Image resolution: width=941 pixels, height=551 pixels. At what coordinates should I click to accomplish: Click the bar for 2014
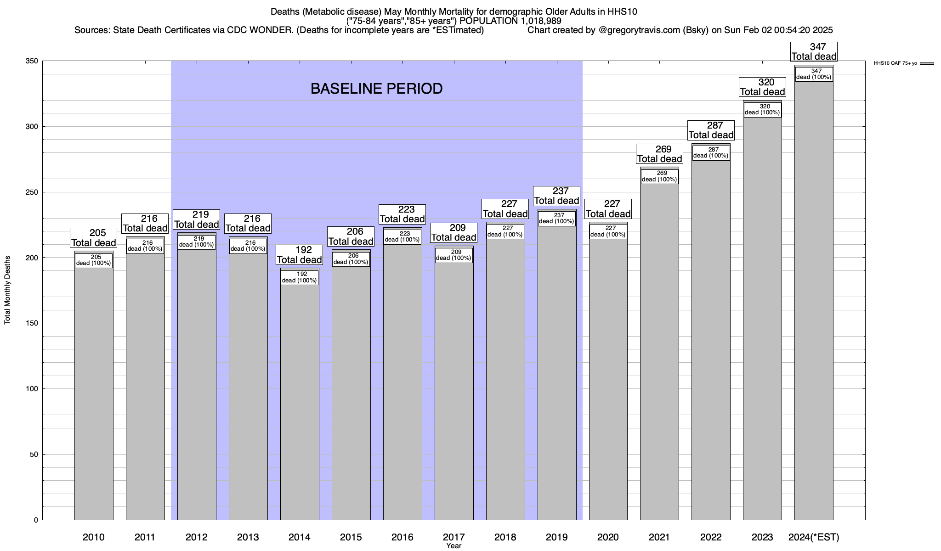(x=300, y=399)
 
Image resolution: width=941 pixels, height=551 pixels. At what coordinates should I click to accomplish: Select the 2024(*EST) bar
(x=814, y=298)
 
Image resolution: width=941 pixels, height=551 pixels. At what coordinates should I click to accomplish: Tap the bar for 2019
(x=557, y=367)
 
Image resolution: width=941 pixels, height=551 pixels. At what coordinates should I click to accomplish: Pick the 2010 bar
(x=94, y=390)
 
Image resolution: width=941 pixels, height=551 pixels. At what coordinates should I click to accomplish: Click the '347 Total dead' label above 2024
(x=814, y=52)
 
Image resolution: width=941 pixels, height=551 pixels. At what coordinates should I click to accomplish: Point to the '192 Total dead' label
(x=300, y=255)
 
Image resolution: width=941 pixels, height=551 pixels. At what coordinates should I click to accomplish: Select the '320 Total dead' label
(x=762, y=87)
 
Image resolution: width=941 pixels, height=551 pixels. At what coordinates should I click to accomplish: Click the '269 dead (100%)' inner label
(x=659, y=176)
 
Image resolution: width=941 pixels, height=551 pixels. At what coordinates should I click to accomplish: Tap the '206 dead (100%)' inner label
(x=351, y=259)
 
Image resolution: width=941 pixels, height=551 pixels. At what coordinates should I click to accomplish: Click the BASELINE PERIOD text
(x=376, y=89)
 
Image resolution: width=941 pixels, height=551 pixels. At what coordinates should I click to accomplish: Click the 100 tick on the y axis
(x=32, y=389)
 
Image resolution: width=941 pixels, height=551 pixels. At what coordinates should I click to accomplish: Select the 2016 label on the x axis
(x=402, y=537)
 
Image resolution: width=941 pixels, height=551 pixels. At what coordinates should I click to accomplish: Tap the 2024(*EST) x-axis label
(x=814, y=537)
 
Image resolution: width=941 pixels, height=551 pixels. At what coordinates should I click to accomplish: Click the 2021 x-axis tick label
(x=659, y=537)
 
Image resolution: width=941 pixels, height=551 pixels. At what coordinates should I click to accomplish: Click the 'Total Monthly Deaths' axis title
(x=7, y=290)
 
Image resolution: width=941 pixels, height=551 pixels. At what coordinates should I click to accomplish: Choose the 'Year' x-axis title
(x=453, y=546)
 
